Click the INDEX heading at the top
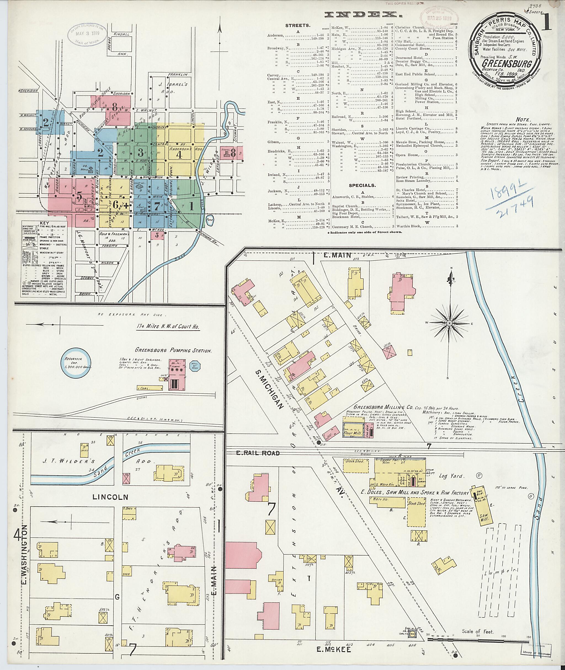(363, 14)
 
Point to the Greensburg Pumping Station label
(173, 350)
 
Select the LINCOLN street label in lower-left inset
(111, 497)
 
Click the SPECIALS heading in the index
(362, 185)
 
